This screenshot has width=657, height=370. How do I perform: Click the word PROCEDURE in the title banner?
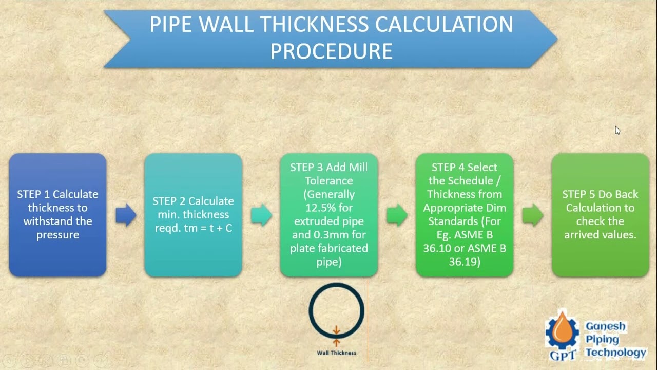click(x=331, y=51)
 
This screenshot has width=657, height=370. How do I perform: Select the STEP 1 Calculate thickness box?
click(x=57, y=215)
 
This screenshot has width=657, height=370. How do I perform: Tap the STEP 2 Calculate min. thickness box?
click(x=193, y=215)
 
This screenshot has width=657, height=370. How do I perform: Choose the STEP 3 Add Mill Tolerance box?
click(x=328, y=215)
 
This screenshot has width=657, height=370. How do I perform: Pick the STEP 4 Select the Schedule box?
click(x=464, y=215)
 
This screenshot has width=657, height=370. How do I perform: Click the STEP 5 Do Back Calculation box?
click(x=600, y=215)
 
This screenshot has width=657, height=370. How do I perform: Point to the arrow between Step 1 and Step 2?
click(x=126, y=215)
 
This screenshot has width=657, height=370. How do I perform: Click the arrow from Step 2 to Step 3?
click(x=261, y=215)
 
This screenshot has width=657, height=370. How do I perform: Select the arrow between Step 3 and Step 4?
click(x=397, y=215)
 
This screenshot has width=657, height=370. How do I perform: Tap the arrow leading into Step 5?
click(x=532, y=215)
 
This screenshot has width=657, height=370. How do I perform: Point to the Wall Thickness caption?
click(x=336, y=353)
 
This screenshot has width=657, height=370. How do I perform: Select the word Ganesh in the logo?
click(x=605, y=326)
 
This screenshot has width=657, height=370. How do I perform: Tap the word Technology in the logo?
click(x=615, y=353)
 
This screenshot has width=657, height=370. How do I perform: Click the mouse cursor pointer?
click(x=617, y=130)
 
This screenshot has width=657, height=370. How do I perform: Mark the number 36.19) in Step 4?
click(x=464, y=262)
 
